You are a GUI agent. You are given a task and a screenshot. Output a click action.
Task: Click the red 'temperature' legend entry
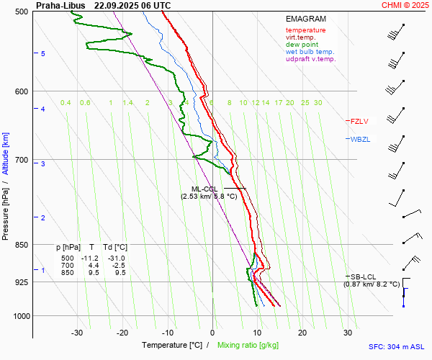click(x=305, y=30)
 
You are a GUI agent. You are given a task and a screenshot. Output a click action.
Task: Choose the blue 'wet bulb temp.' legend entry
click(x=310, y=52)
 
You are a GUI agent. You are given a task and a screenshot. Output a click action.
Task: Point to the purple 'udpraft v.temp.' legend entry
click(x=311, y=59)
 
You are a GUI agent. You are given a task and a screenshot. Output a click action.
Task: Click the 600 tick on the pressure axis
click(x=20, y=91)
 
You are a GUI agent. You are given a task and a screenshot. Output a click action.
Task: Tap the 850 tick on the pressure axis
click(x=20, y=245)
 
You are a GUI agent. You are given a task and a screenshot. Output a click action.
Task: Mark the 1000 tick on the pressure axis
click(x=19, y=316)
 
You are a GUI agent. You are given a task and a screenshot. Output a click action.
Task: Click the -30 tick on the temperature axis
click(x=77, y=333)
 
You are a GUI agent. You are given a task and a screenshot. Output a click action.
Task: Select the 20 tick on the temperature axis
click(x=302, y=333)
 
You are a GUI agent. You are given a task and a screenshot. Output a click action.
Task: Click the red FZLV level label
click(x=359, y=121)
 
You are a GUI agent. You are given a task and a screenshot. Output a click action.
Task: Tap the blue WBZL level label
click(x=360, y=139)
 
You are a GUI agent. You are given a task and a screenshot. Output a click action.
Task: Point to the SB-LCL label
click(x=364, y=276)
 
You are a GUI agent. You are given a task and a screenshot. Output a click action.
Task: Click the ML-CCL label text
click(x=199, y=189)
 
